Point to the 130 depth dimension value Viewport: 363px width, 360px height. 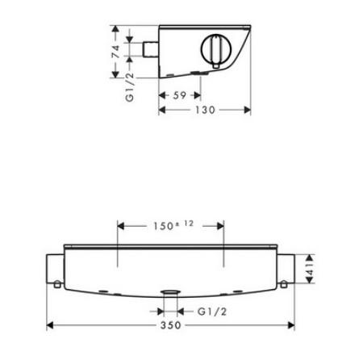(207, 111)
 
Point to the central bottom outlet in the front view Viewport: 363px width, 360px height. (169, 293)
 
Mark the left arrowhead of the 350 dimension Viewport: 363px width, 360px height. (51, 325)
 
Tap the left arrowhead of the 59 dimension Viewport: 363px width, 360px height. (164, 95)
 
